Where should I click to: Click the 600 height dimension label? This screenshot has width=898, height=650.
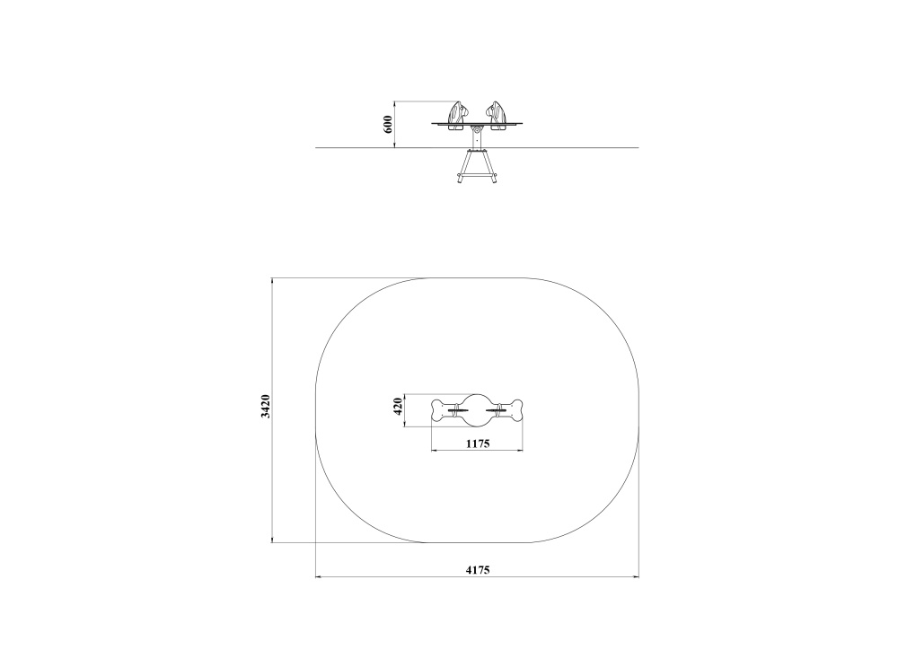(x=388, y=124)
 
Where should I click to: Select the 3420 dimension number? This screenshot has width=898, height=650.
(x=265, y=406)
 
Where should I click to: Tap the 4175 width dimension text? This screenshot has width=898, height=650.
(x=478, y=570)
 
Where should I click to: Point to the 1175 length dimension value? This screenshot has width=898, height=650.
(x=478, y=444)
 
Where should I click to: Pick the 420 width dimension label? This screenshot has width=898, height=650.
(x=399, y=406)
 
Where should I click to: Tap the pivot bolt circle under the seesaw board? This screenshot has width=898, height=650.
(x=477, y=131)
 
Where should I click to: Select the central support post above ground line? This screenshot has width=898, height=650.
(x=477, y=136)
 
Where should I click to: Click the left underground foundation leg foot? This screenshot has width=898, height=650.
(x=460, y=179)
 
